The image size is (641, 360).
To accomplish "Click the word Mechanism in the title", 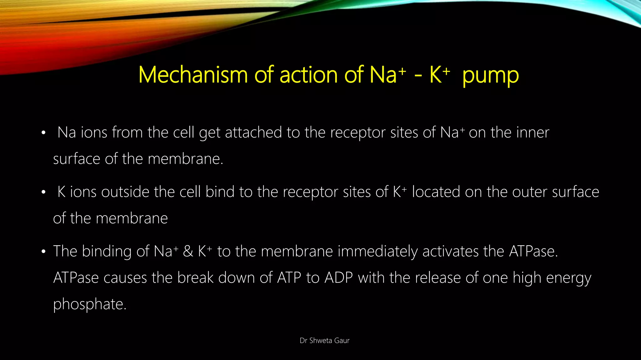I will pos(193,75).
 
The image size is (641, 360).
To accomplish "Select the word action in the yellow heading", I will pos(309,75).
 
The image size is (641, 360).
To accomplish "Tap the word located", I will pos(436,192).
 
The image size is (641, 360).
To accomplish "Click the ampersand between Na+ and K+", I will pos(188,252).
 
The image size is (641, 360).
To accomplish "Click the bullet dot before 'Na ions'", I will pos(44,133).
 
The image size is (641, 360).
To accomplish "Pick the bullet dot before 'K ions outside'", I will pos(44,192).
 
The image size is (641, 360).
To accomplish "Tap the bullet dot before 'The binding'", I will pos(44,252).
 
